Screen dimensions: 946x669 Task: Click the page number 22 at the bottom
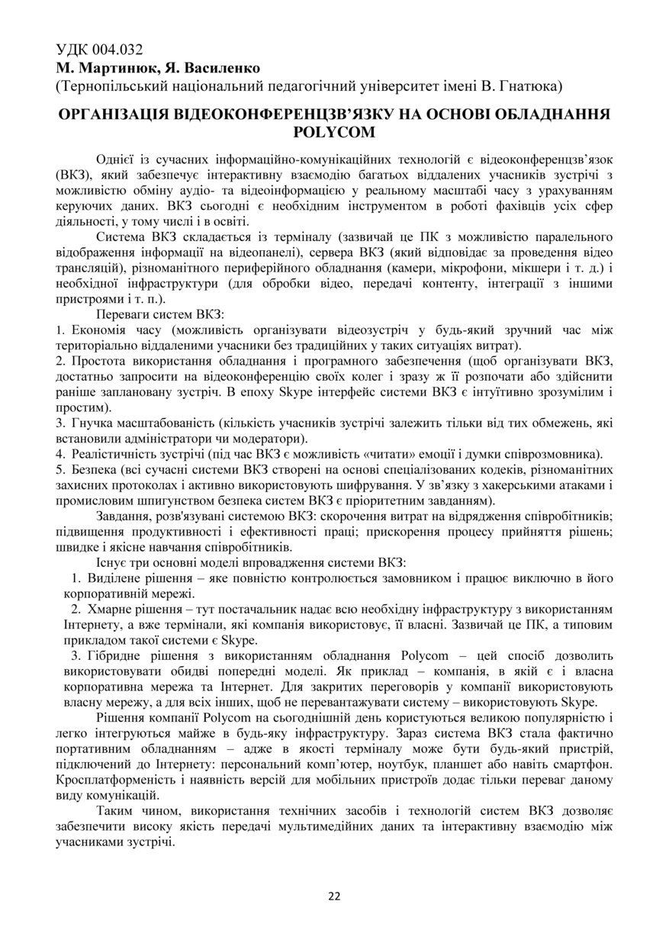tap(334, 896)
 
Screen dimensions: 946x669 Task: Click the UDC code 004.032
tap(117, 50)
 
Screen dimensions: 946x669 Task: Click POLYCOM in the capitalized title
tap(334, 132)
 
